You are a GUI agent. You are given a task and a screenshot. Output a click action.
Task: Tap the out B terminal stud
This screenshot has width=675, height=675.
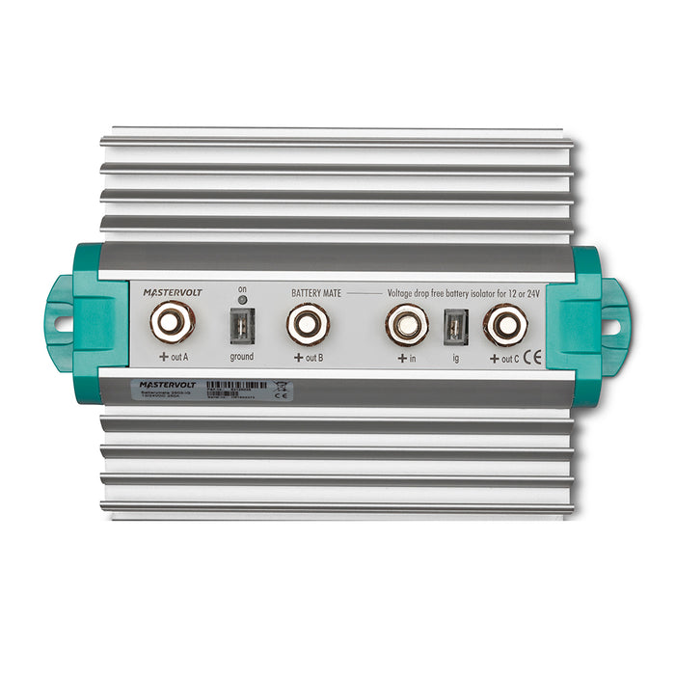point(308,323)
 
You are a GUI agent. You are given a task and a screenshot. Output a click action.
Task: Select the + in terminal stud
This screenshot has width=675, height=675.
point(406,324)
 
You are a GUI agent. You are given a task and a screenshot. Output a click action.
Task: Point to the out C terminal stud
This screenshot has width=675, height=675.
point(503,325)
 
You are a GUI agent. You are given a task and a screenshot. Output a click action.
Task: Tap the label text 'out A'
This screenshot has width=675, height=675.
point(178,357)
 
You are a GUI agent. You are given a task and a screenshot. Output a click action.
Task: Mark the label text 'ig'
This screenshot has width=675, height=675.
point(454,358)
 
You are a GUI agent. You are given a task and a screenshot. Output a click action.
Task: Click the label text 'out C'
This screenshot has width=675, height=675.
point(511,358)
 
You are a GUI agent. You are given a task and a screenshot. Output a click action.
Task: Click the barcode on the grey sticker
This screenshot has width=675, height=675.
point(237,384)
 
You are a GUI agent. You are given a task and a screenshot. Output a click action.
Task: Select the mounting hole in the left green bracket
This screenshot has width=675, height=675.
point(62,324)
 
